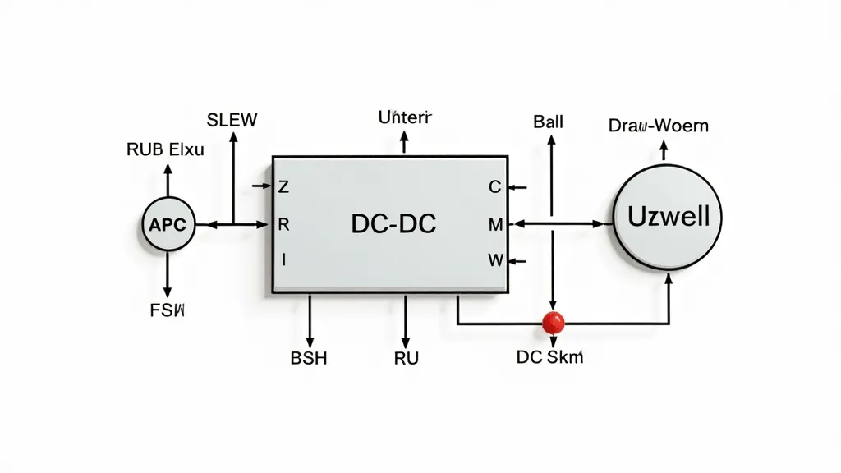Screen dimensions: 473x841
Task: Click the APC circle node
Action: pos(168,223)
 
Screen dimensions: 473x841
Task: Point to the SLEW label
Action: pos(232,120)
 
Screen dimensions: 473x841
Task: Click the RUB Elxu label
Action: pos(165,149)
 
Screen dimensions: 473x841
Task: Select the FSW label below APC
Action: pos(168,311)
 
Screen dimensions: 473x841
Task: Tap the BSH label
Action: pos(309,359)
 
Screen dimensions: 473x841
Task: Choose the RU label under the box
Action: pos(406,359)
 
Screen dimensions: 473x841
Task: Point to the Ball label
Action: pos(548,122)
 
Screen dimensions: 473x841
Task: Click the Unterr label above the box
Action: pos(404,117)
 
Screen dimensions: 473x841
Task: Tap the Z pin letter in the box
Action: pos(284,187)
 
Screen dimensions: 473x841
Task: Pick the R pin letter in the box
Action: pos(284,223)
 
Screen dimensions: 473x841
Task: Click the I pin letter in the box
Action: pos(283,260)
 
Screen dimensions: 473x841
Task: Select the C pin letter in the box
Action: pos(494,187)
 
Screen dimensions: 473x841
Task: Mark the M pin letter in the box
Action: pos(494,223)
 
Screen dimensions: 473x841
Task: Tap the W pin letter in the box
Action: pos(494,260)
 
